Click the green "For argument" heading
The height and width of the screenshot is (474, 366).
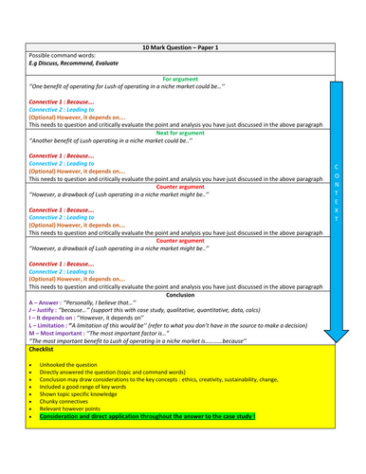(179, 79)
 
